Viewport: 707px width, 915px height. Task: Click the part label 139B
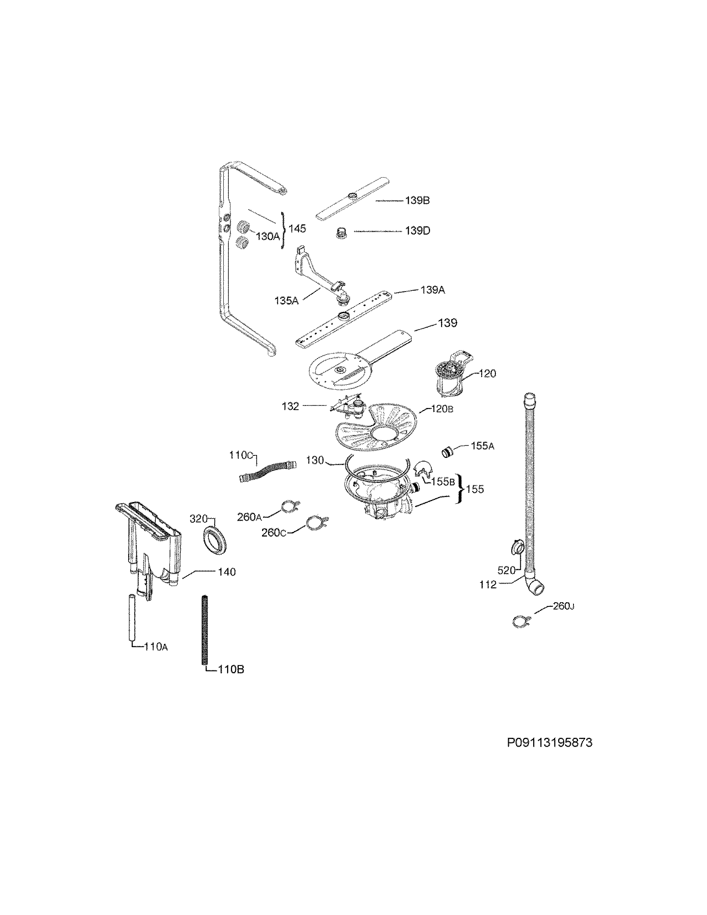point(417,200)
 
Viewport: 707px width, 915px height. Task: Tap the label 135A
point(286,300)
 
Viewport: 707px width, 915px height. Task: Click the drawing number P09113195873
point(549,742)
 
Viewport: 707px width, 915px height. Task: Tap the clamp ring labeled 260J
point(521,622)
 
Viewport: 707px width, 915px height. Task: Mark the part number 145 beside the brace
point(297,228)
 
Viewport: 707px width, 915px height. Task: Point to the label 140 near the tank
point(227,571)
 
